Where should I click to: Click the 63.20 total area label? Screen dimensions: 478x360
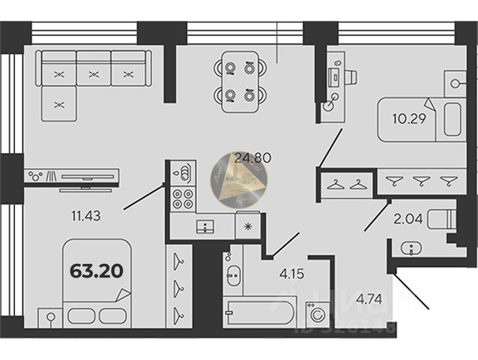[x=97, y=270]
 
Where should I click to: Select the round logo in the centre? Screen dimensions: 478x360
[x=240, y=179]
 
